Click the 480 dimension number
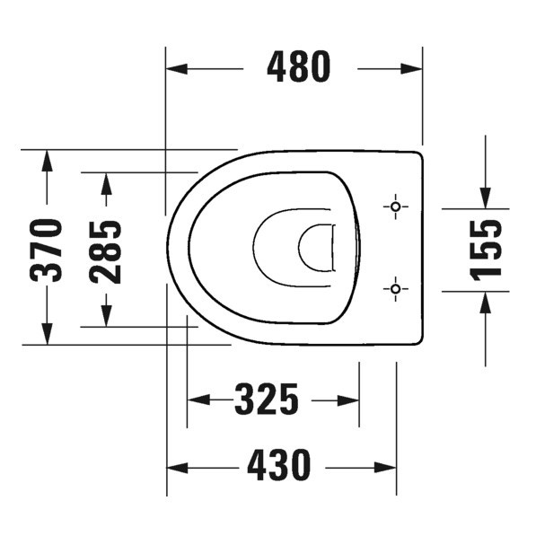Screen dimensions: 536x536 point(300,67)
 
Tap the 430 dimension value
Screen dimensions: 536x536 point(274,466)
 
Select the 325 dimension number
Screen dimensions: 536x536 point(267,400)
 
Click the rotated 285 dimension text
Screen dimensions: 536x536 point(106,250)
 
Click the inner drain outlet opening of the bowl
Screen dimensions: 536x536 point(316,248)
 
